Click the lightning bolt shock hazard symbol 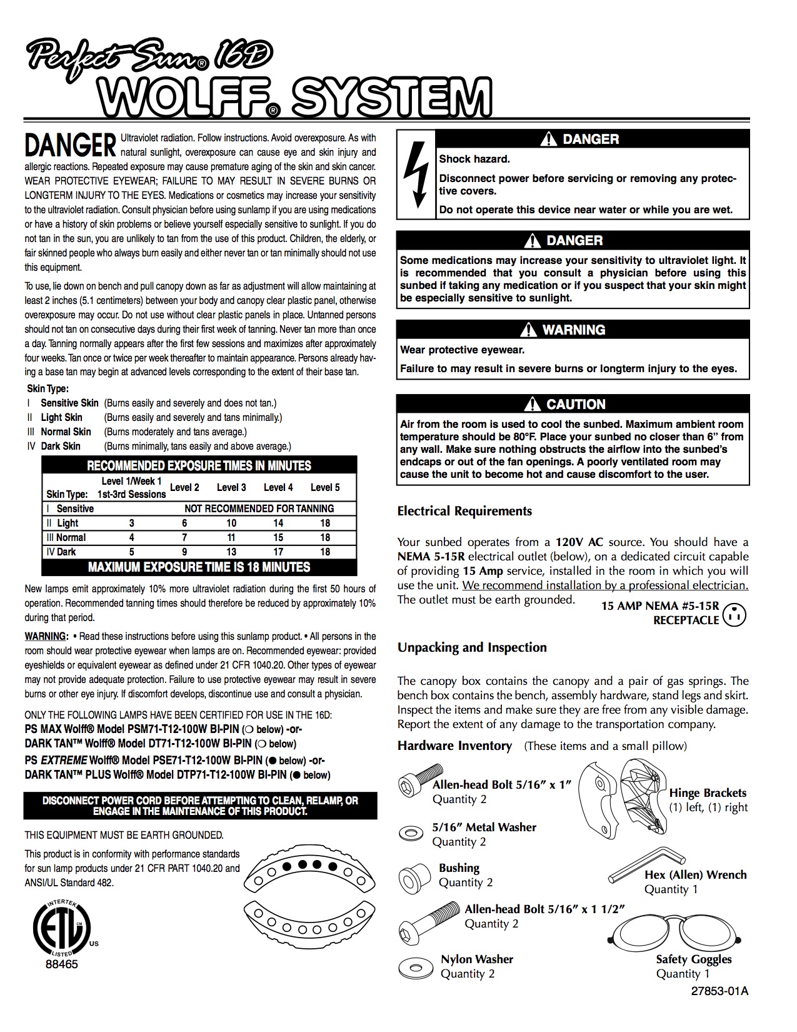[416, 174]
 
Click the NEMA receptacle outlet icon [734, 615]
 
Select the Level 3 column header [231, 487]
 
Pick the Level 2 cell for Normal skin [184, 537]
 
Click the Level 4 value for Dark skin [278, 552]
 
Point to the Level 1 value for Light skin [131, 523]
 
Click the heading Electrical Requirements [464, 511]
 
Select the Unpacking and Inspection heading [472, 647]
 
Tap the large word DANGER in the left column [70, 144]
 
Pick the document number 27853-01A [719, 991]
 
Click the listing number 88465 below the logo [61, 964]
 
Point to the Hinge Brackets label [708, 793]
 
